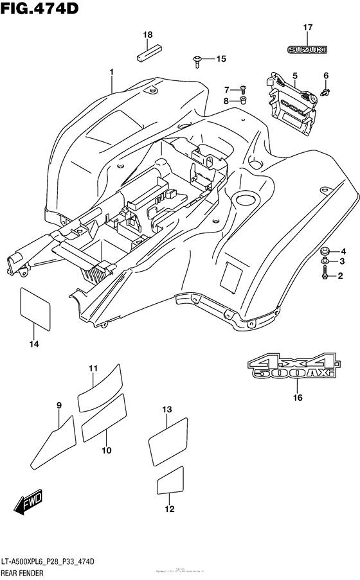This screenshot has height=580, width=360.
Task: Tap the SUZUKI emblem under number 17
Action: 307,49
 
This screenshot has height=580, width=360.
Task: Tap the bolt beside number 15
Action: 197,61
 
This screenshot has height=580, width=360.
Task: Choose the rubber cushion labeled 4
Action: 325,250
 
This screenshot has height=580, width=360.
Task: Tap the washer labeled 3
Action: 325,261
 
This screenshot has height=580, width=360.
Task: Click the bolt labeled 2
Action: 325,276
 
